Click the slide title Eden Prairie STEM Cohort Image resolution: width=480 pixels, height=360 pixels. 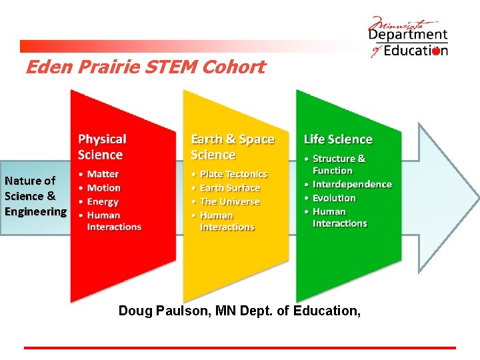pos(145,67)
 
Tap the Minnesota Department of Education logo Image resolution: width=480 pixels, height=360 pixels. pos(408,37)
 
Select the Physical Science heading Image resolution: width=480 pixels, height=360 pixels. pos(101,147)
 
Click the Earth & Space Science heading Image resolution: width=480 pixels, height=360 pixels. pos(232,147)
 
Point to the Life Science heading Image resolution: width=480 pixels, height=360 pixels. pos(338,139)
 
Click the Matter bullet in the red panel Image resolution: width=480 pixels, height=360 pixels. pos(103,174)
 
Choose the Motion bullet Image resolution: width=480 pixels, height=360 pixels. pos(103,188)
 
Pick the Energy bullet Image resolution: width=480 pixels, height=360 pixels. pos(103,201)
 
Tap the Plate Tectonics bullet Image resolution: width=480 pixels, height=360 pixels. pos(233,174)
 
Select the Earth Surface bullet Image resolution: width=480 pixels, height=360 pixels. pos(229,188)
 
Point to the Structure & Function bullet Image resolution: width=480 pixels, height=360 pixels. pos(339,164)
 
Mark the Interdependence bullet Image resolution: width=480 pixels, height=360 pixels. pos(352,184)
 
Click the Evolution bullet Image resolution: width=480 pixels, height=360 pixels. pos(334,198)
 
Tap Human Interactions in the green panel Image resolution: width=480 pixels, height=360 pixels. pos(339,217)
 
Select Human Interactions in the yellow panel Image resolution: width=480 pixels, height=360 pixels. pos(227,221)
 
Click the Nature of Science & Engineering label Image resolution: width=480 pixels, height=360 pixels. pos(35,196)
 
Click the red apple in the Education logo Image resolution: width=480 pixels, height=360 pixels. pos(436,51)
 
